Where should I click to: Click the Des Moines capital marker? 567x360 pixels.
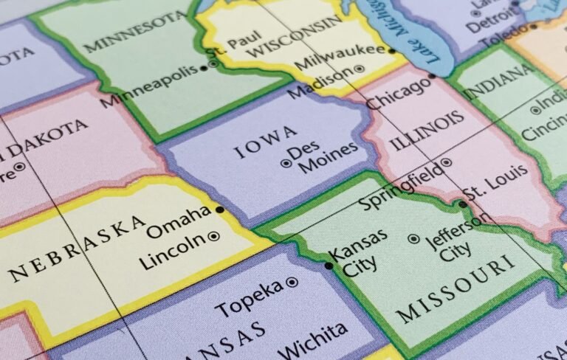tap(286, 164)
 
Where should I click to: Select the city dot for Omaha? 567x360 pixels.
tap(219, 210)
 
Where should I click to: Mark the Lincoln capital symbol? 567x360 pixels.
tap(213, 237)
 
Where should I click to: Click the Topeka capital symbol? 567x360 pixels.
tap(292, 282)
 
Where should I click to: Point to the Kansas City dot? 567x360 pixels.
tap(329, 266)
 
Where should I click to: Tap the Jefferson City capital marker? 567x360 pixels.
tap(413, 239)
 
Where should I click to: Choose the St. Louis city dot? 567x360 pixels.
tap(462, 204)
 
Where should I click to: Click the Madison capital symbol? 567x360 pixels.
tap(360, 69)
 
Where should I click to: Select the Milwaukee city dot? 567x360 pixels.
tap(391, 51)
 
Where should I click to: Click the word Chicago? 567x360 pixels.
tap(399, 93)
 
